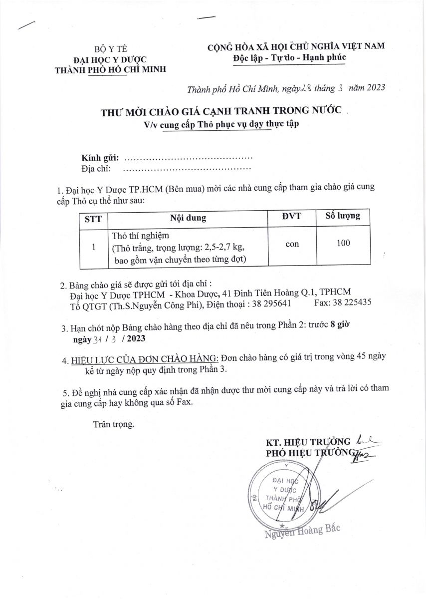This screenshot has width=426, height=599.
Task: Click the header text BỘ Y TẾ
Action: (111, 49)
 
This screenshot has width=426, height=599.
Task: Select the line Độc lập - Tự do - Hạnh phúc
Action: (289, 57)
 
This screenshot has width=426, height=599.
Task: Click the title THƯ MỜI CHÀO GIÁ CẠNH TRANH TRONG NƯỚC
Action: (221, 111)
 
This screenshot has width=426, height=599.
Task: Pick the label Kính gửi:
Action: (100, 158)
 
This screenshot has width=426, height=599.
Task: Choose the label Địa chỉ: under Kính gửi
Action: (95, 169)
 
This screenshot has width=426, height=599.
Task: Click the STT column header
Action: (93, 218)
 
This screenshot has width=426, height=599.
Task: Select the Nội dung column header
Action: (188, 218)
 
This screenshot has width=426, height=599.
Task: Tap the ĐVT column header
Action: (291, 217)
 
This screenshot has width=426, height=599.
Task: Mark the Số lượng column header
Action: (343, 217)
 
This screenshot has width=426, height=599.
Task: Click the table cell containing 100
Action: (343, 243)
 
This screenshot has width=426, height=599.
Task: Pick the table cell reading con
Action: (292, 244)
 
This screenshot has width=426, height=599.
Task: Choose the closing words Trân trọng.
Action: (114, 425)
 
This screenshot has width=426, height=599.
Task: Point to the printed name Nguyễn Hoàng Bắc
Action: (302, 531)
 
